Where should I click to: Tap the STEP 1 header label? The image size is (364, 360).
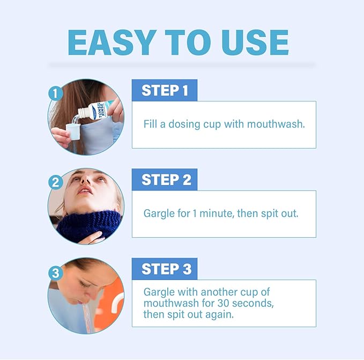[165, 91]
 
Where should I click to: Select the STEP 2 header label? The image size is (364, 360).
[165, 180]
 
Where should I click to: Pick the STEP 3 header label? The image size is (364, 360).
[165, 269]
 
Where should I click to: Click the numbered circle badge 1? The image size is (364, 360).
[55, 93]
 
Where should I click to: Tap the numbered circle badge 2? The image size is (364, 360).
[55, 182]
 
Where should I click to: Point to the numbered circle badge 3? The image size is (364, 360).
[55, 273]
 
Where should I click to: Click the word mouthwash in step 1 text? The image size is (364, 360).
[277, 124]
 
